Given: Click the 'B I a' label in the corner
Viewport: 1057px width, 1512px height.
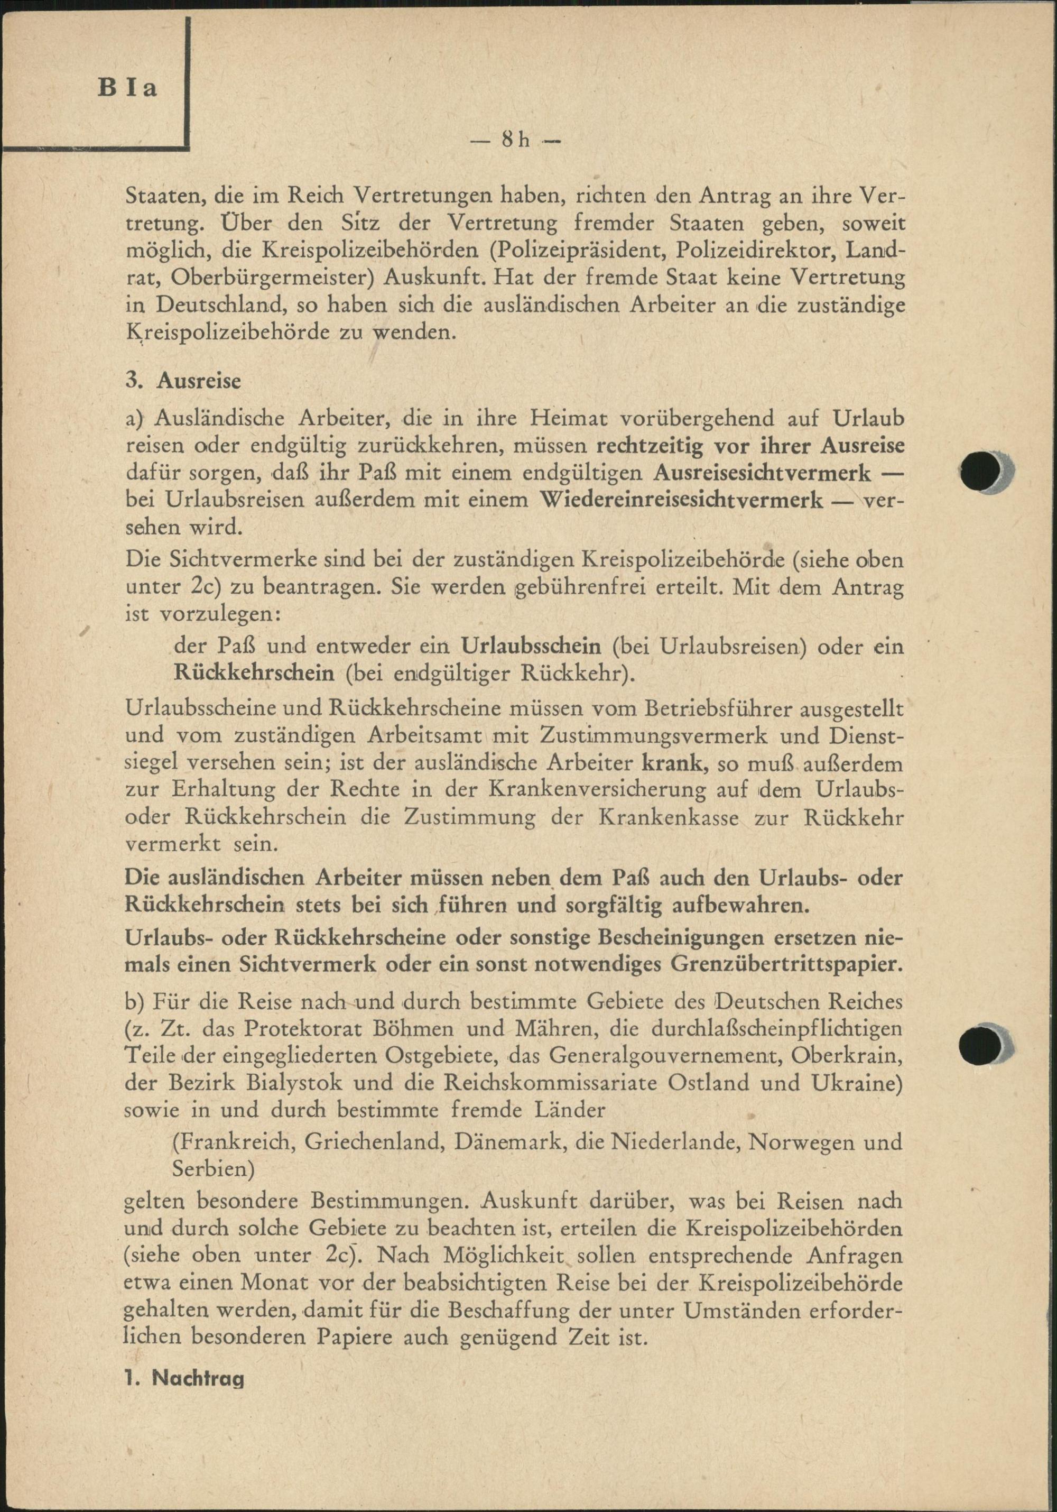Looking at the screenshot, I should click(x=129, y=88).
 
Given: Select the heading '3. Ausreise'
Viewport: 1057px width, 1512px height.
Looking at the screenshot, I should click(x=183, y=381).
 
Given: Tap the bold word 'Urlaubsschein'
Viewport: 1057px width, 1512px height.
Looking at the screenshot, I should click(x=531, y=647).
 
